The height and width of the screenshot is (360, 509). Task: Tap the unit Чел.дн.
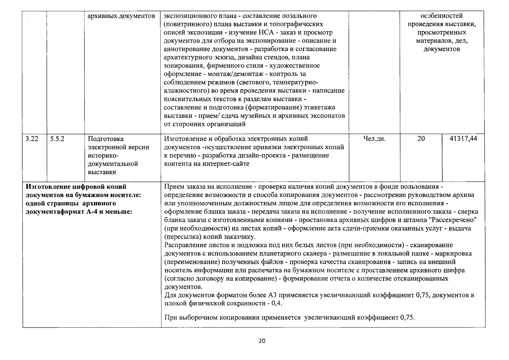point(374,139)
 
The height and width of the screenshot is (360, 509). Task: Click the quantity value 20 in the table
point(421,139)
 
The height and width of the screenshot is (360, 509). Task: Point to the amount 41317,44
point(463,139)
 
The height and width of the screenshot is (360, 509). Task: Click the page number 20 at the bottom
point(262,341)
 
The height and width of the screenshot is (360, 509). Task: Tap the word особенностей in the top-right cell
point(442,16)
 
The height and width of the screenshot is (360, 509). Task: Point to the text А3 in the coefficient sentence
point(273,295)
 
